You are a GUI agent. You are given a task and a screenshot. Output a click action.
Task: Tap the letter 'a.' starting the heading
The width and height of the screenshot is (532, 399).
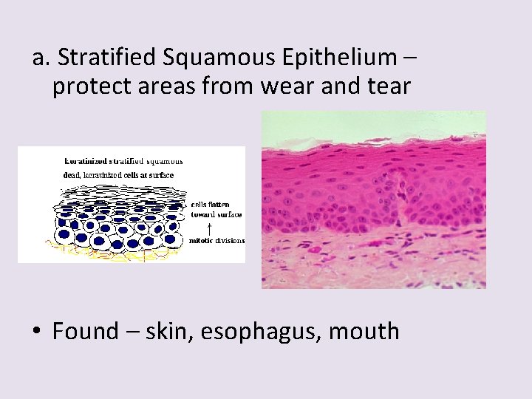41,56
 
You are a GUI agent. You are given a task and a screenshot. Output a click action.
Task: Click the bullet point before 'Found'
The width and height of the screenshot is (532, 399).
36,332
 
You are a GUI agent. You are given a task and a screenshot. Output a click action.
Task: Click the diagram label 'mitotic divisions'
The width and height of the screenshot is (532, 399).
217,240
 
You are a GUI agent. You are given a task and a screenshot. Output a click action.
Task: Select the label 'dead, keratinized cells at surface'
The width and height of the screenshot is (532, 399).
118,175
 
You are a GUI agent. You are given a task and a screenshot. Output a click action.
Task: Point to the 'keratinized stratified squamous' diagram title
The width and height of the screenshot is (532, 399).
124,160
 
